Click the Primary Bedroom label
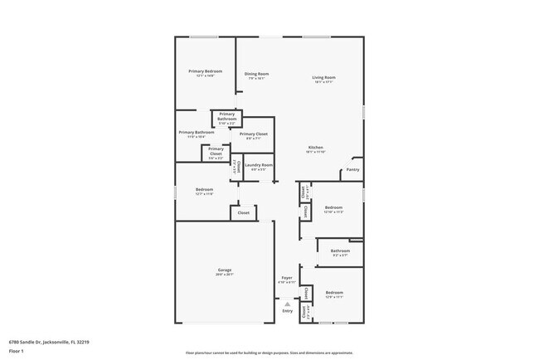tap(205, 71)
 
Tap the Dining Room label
tap(256, 75)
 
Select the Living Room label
tap(323, 78)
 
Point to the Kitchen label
tap(315, 148)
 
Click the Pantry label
tap(353, 169)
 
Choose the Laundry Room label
tap(258, 165)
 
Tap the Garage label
tap(224, 270)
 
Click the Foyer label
tap(287, 278)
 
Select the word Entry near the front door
tap(287, 311)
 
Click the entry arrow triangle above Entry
tap(287, 304)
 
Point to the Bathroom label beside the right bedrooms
tap(340, 251)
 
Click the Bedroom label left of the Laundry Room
tap(205, 189)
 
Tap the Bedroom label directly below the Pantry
tap(334, 207)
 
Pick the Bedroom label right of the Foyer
tap(334, 293)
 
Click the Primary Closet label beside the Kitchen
tap(253, 134)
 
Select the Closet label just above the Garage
tap(244, 213)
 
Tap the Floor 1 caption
tap(17, 351)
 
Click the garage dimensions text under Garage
tap(224, 275)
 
